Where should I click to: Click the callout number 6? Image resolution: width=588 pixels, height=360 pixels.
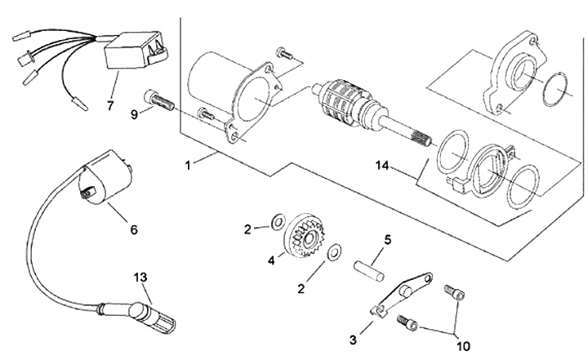coord(134,229)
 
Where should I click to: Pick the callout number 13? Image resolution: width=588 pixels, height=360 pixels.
coord(140,277)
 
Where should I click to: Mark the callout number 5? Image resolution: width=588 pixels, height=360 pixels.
coord(389,240)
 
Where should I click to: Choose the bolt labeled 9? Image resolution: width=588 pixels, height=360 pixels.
coord(160,101)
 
